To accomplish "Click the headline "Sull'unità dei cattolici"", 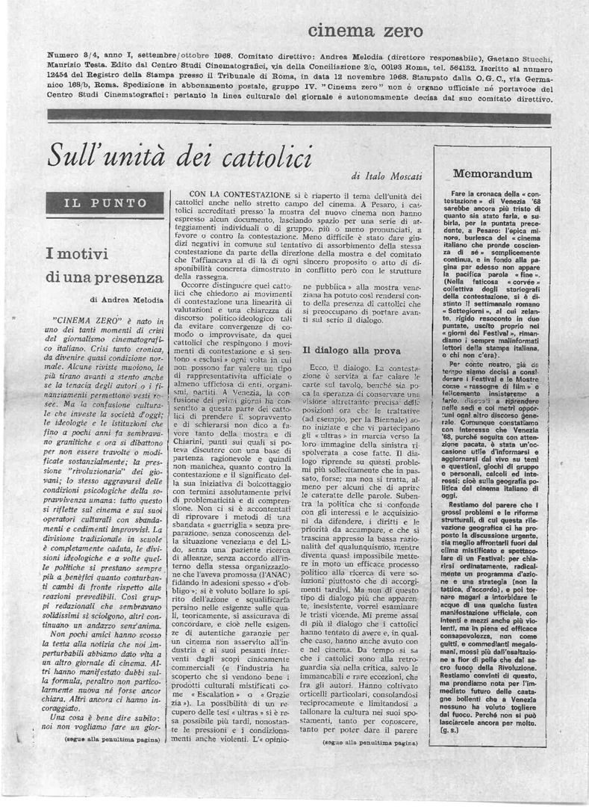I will [x=179, y=156].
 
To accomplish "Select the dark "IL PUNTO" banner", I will [x=106, y=202].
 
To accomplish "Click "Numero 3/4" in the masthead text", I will [x=72, y=55].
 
